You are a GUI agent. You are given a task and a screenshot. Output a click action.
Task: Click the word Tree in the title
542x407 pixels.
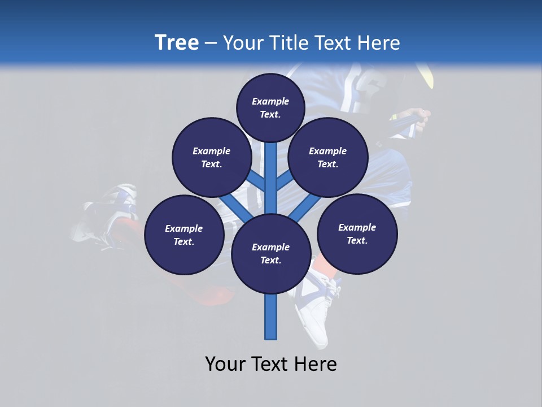(177, 43)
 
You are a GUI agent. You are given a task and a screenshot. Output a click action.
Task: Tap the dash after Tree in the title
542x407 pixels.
(211, 44)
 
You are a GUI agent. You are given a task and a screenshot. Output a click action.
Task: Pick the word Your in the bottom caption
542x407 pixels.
(226, 364)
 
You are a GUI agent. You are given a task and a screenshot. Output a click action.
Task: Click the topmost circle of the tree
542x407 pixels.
(270, 107)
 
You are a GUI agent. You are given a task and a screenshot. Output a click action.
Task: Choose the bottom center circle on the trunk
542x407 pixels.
(271, 254)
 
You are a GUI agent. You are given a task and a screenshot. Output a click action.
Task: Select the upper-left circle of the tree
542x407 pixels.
(211, 157)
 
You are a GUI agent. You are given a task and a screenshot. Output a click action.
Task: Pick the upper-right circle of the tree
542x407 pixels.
(328, 157)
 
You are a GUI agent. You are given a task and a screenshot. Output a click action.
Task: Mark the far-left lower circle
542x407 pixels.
(184, 235)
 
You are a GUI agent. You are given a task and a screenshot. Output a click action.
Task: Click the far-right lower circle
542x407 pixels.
(357, 233)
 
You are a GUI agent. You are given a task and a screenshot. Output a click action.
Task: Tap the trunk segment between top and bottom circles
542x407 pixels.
(271, 178)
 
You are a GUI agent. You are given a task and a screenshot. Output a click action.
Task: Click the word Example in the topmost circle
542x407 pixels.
(270, 101)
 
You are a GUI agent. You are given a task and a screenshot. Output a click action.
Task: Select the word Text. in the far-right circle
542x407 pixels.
(357, 240)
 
